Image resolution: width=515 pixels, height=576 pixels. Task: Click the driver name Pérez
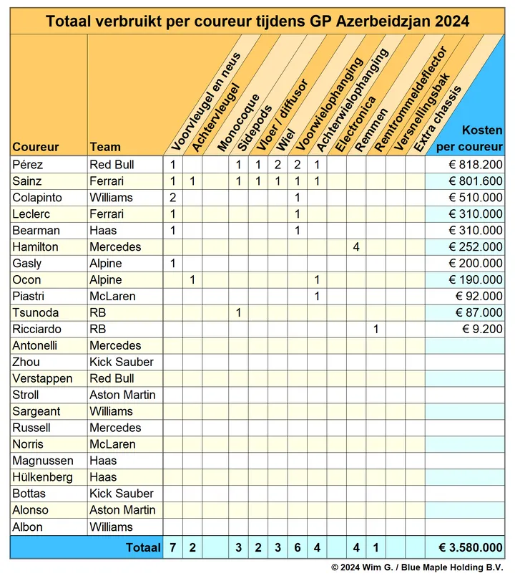tap(28, 165)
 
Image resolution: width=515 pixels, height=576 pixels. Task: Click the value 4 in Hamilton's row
tap(355, 247)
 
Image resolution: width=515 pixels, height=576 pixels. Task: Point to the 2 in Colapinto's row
tap(173, 198)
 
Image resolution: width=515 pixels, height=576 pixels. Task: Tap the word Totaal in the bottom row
tap(143, 548)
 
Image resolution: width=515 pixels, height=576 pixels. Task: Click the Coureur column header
tap(36, 147)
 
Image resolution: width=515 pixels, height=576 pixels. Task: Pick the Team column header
tap(105, 147)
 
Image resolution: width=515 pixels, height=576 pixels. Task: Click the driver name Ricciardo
tap(37, 330)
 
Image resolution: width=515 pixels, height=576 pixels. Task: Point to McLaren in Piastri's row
tap(112, 297)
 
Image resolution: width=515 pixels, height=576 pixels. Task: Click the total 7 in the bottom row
tap(173, 548)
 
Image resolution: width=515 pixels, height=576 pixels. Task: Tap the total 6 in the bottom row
tap(297, 548)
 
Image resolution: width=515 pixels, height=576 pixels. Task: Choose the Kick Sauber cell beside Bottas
tap(121, 494)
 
